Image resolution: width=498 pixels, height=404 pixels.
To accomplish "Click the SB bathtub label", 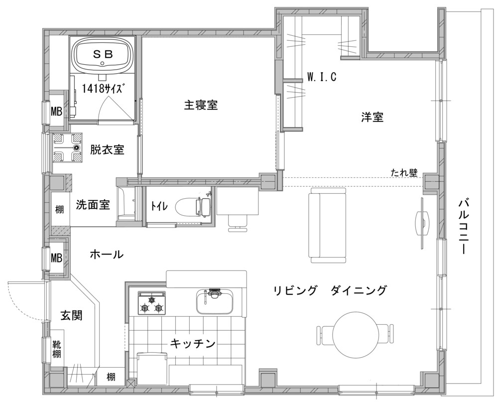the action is point(103,54).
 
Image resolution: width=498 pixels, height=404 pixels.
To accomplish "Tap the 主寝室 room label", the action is point(201,105).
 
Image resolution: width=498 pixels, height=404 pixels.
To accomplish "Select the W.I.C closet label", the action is point(322,77).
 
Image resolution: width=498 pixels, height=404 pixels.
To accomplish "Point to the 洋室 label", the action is point(372,117).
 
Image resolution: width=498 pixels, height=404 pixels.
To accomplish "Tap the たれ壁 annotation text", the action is point(404,173).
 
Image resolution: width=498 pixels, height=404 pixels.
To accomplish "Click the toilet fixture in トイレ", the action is point(193,206).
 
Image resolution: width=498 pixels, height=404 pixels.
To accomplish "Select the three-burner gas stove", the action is point(152,303).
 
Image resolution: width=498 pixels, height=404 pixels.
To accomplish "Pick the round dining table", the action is point(355,335).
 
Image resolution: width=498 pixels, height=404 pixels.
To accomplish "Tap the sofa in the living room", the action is point(328,225).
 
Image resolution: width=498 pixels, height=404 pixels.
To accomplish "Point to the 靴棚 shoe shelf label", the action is point(57,349).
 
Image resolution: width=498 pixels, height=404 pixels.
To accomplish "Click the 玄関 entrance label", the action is point(71,315).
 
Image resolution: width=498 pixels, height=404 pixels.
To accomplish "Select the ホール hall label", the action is point(107,254).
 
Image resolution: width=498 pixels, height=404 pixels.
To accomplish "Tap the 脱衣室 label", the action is point(107,149).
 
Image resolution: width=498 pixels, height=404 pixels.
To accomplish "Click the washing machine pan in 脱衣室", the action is point(68,147).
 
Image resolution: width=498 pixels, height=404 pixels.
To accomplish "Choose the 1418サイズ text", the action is point(103,89).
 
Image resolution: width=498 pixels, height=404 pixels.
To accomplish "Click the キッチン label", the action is point(193,343).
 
